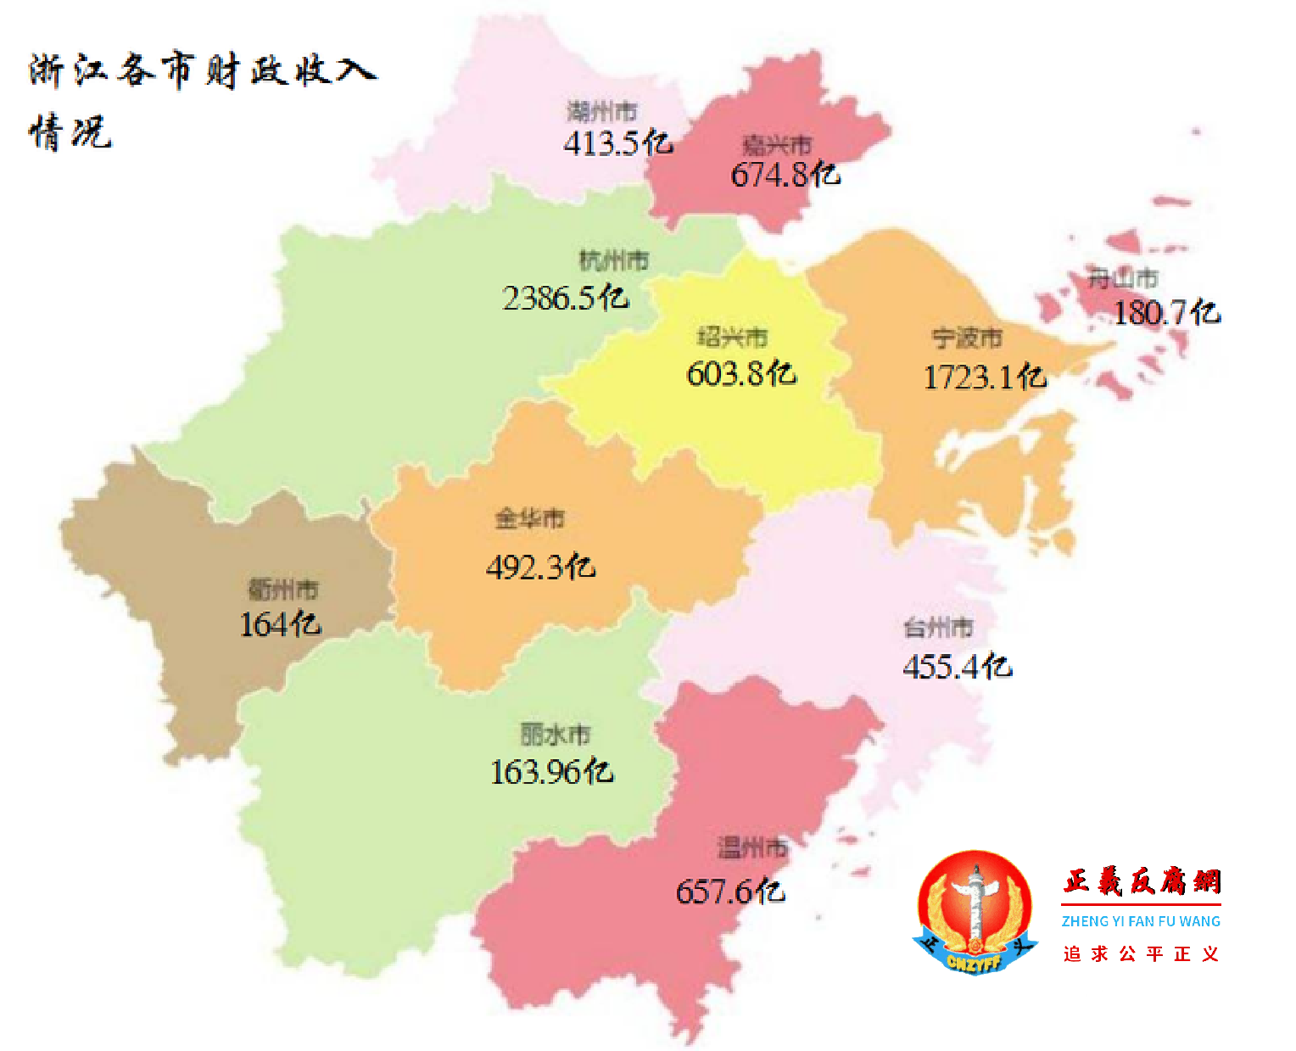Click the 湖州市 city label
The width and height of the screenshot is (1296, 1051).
(602, 111)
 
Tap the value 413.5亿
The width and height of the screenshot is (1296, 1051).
(618, 143)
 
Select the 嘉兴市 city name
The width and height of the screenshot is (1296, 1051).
(777, 145)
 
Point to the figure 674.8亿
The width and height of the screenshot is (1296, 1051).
(785, 175)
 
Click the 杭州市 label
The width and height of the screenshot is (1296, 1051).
(613, 260)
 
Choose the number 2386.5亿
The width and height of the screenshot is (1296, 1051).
(565, 298)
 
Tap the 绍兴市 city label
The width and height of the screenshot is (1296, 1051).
(732, 337)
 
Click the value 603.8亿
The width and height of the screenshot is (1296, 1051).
(741, 373)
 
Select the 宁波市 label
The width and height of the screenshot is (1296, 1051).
(967, 338)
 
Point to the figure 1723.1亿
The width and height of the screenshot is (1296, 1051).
(985, 377)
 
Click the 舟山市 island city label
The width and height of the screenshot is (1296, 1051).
(1123, 277)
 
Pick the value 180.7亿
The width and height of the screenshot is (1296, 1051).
(1166, 313)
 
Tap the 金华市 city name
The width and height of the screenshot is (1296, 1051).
(530, 517)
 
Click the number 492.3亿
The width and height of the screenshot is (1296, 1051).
(540, 567)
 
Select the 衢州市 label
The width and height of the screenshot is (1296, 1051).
(283, 589)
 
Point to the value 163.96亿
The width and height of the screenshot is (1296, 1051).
(551, 771)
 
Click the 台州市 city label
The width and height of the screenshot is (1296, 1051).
(938, 628)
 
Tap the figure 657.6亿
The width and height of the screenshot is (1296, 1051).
(730, 892)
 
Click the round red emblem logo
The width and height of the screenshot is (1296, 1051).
(975, 912)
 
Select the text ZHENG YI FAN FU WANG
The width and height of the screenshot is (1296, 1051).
(1141, 921)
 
